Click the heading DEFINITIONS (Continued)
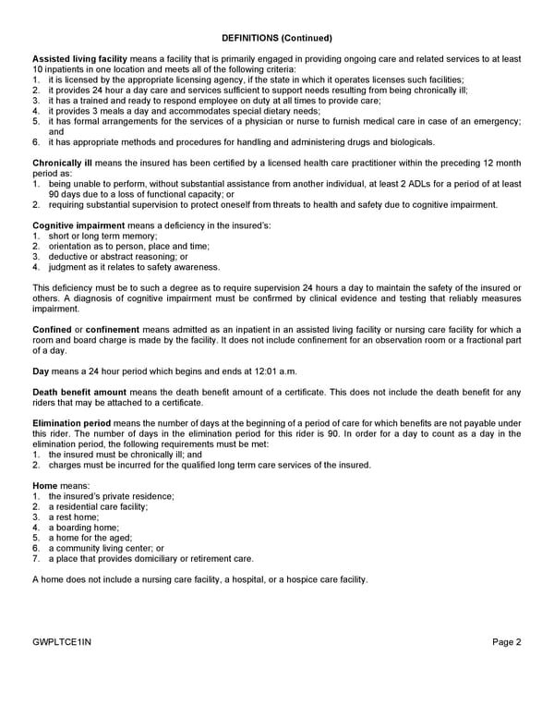(x=277, y=38)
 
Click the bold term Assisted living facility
(x=80, y=59)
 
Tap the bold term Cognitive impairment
(x=78, y=225)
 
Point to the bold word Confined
(x=52, y=330)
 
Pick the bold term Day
(x=42, y=371)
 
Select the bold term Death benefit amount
(x=79, y=393)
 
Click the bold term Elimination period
(x=72, y=423)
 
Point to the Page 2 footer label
(x=506, y=642)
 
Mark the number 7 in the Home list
(x=36, y=558)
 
